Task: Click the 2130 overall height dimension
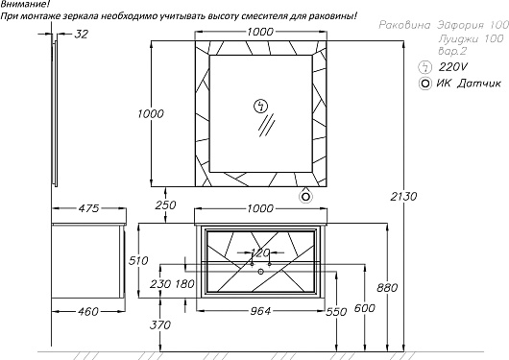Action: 403,197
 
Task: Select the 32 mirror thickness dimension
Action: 82,34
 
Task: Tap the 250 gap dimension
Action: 165,205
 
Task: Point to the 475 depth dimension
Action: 88,208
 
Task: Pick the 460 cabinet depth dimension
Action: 88,312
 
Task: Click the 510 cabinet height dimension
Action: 138,261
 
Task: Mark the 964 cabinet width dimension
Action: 260,311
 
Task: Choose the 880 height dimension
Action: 387,288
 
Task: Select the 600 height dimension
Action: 365,308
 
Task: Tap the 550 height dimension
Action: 337,312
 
